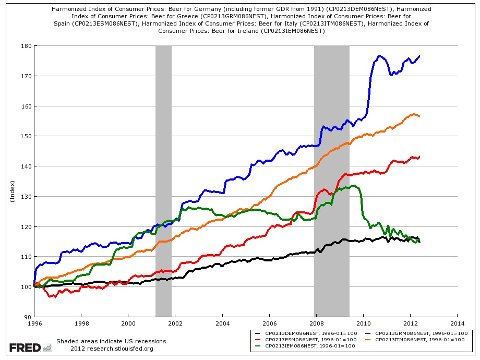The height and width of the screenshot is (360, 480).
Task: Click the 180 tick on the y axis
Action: click(x=26, y=46)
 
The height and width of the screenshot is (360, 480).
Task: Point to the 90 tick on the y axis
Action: click(x=28, y=317)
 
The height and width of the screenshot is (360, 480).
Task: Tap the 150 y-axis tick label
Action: click(x=26, y=136)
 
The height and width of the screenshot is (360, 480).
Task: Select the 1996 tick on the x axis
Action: click(x=34, y=323)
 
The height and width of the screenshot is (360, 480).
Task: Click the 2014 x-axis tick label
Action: click(x=457, y=323)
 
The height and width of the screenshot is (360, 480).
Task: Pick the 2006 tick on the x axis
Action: click(x=269, y=323)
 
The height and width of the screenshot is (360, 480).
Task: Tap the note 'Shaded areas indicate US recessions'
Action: click(x=112, y=341)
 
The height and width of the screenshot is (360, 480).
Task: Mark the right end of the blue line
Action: click(x=419, y=56)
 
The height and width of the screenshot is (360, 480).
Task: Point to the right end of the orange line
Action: click(x=419, y=116)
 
